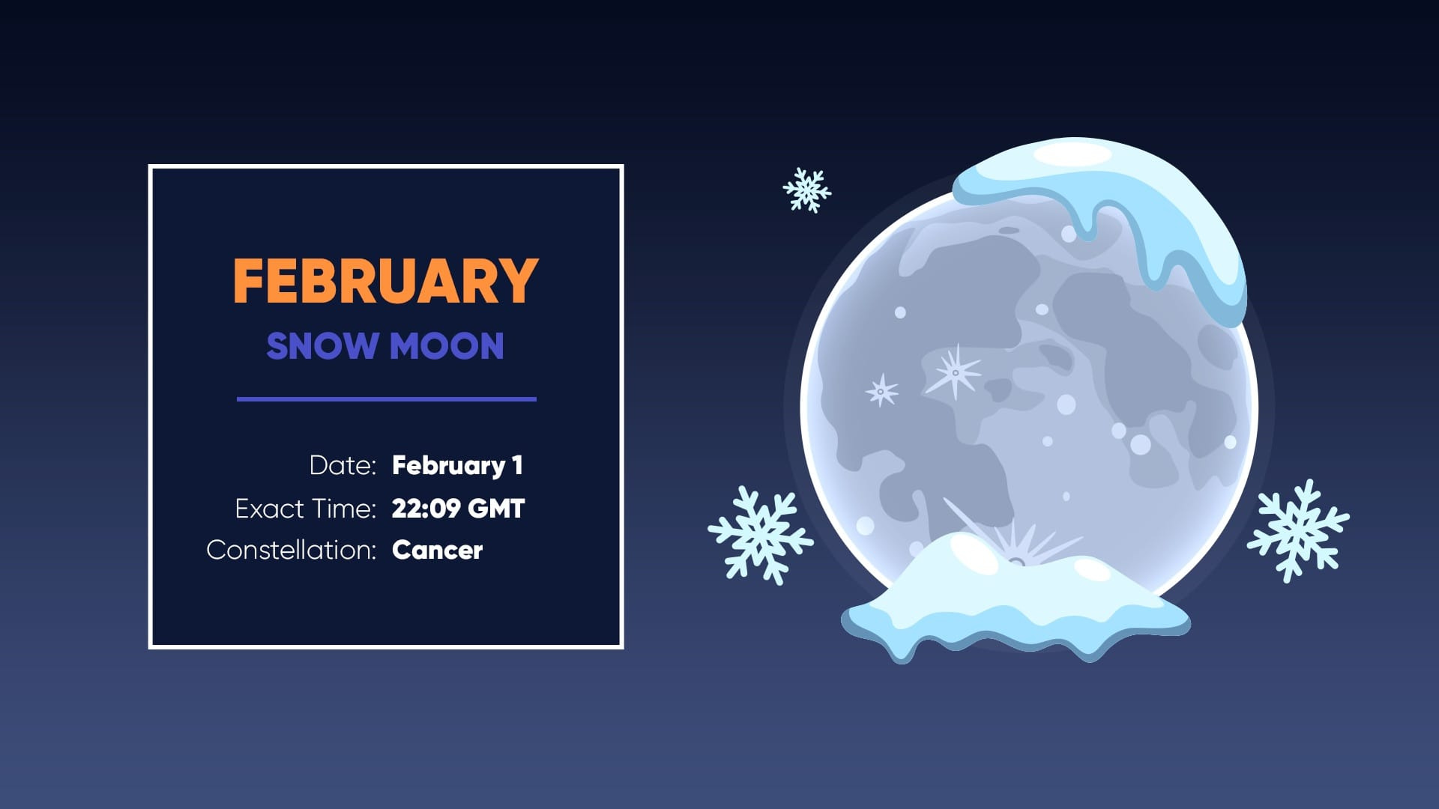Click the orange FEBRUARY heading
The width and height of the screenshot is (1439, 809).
(385, 282)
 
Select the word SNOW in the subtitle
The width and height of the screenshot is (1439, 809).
(322, 346)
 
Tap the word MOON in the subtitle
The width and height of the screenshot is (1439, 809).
(447, 346)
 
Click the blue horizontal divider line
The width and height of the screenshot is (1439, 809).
(386, 399)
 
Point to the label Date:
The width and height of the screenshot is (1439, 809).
(343, 465)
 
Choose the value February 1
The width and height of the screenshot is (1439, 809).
(457, 465)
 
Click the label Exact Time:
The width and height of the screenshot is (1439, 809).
(305, 509)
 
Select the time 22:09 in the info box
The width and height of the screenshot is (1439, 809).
(426, 509)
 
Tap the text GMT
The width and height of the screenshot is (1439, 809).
(495, 509)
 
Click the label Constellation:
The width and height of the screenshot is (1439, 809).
(291, 550)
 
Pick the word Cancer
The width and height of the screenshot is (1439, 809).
(437, 550)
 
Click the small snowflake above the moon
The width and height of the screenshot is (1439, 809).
(806, 190)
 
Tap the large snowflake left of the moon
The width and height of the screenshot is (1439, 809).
(760, 535)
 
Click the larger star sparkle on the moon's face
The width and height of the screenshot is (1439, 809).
(954, 372)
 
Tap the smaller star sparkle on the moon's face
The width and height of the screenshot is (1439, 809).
(881, 390)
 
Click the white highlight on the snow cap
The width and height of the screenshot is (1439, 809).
(1072, 154)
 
